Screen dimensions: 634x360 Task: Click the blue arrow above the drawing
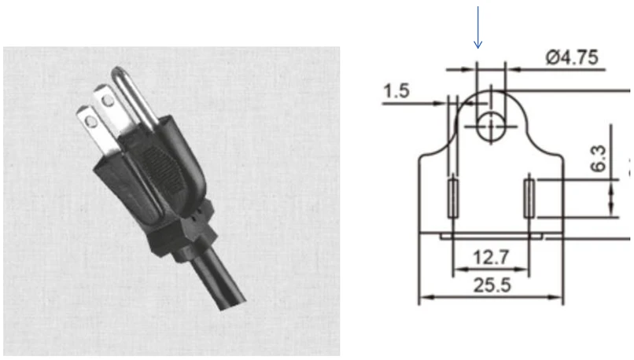click(x=478, y=28)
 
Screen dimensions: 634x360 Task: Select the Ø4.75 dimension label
click(x=572, y=57)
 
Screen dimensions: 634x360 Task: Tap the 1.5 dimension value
click(x=396, y=91)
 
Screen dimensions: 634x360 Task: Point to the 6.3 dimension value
click(x=599, y=158)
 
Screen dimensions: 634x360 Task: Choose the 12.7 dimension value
click(x=492, y=257)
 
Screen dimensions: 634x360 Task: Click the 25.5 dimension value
click(x=492, y=285)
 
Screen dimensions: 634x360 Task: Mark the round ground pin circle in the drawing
click(x=491, y=127)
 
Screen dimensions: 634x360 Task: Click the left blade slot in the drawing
click(x=453, y=199)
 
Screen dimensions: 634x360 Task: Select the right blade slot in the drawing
click(x=529, y=199)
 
